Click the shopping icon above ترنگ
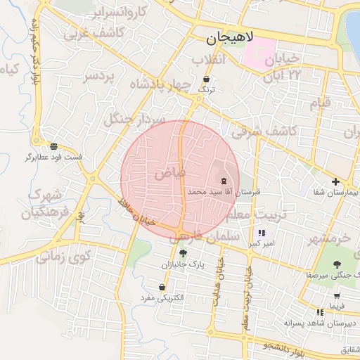[x=206, y=79]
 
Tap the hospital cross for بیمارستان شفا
[x=335, y=181]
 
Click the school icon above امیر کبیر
[x=262, y=233]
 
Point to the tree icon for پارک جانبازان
[x=184, y=253]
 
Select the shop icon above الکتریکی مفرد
[x=162, y=287]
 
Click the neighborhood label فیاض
[x=170, y=171]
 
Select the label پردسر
[x=98, y=77]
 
